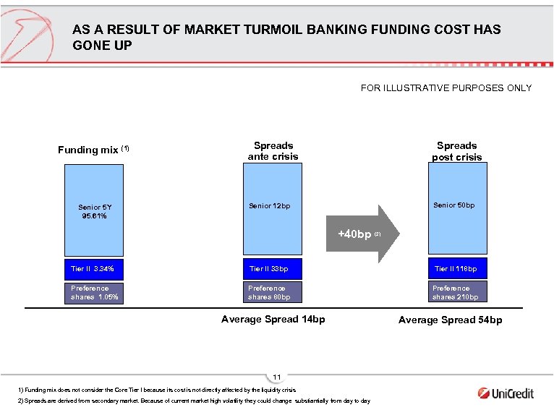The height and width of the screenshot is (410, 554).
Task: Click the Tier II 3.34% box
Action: (x=93, y=269)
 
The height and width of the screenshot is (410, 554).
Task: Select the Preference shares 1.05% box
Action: (x=93, y=292)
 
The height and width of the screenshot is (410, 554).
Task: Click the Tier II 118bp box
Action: (x=457, y=269)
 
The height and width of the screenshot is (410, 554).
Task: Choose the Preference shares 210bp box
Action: (x=457, y=292)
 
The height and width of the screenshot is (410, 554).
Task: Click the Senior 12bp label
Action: (x=269, y=206)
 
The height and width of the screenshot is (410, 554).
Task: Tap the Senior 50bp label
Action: (x=454, y=205)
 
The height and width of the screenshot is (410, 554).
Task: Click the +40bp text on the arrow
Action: (x=355, y=234)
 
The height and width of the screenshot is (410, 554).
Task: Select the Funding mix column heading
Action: (x=93, y=150)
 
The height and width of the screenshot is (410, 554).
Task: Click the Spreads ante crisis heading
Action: (x=273, y=150)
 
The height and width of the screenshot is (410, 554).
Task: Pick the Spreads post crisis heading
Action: (x=457, y=150)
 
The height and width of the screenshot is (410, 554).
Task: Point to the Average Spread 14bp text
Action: (x=273, y=319)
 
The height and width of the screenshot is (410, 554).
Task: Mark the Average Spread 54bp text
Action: (x=450, y=320)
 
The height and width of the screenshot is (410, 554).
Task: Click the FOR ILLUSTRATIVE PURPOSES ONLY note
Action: (x=446, y=88)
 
